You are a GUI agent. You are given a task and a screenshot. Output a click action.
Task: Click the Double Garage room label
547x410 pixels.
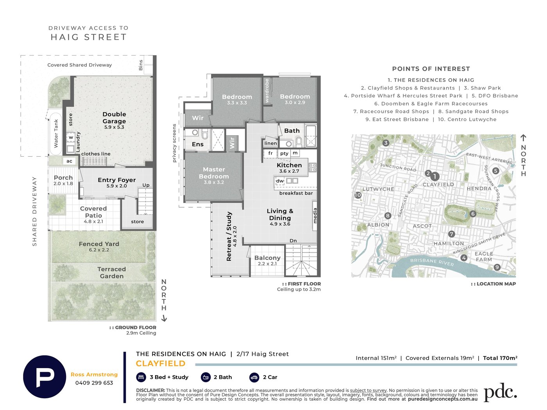pos(114,118)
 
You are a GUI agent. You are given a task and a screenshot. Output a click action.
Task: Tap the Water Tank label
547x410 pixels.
pos(56,133)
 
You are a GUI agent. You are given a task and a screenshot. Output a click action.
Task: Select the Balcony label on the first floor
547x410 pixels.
pos(267,258)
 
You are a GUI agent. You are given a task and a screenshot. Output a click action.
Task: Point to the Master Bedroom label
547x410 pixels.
pos(214,173)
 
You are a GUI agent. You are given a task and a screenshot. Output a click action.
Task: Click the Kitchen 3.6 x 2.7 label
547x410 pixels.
pos(289,168)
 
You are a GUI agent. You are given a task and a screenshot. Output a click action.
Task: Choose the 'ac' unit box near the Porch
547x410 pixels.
pos(69,161)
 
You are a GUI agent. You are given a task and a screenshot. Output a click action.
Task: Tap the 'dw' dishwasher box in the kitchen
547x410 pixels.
pos(280,181)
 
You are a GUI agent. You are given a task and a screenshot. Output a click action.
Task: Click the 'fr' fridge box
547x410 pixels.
pos(270,153)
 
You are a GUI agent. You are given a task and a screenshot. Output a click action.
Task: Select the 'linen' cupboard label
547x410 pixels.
pos(270,143)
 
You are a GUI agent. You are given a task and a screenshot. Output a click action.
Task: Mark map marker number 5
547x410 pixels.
pos(496,171)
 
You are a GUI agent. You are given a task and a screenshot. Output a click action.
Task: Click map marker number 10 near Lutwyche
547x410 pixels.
pos(358,195)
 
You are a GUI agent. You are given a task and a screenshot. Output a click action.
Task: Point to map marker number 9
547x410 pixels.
pos(497,267)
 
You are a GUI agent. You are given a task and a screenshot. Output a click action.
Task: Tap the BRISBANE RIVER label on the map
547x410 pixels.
pos(432,262)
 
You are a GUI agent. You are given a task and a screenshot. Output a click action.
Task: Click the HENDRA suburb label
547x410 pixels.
pos(479,189)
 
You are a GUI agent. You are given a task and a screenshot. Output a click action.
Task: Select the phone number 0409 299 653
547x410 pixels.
pos(94,383)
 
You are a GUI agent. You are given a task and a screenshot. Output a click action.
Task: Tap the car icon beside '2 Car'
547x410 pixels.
pos(254,377)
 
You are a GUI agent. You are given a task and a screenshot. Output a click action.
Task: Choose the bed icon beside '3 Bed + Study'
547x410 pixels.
pos(141,377)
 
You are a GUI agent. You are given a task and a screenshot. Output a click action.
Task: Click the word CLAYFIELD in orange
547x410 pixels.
pos(161,363)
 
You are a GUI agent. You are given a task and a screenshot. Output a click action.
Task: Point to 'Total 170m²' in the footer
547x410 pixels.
pos(500,358)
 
